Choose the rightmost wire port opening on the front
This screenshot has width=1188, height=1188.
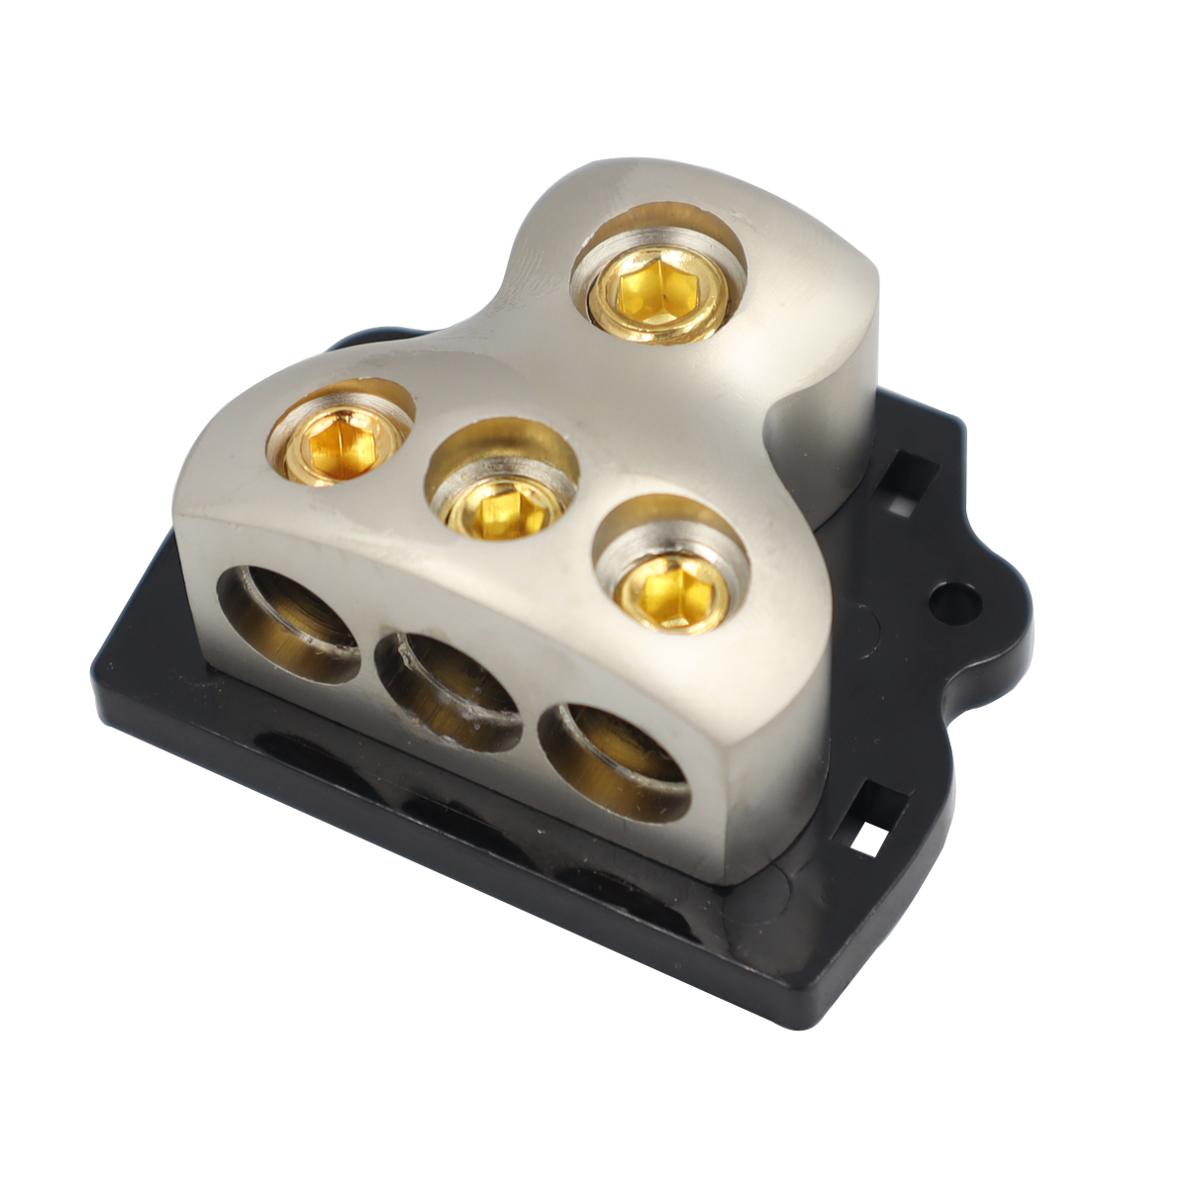coord(614,760)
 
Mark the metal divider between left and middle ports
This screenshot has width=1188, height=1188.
coord(368,653)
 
